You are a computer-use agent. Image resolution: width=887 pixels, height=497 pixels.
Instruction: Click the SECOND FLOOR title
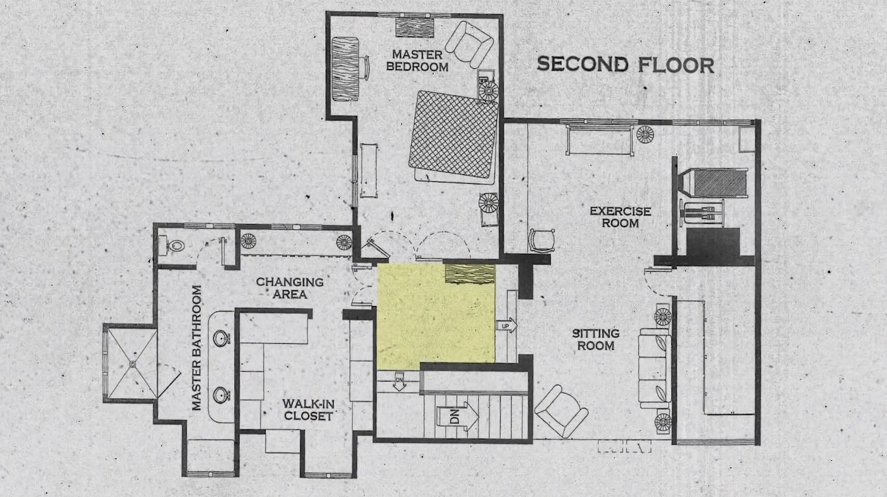coord(626,65)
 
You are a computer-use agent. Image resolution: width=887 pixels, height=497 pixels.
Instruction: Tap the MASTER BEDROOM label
coord(417,61)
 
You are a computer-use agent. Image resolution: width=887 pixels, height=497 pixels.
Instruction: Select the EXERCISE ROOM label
coord(620,217)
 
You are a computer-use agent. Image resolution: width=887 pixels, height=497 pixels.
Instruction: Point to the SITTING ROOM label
coord(595,339)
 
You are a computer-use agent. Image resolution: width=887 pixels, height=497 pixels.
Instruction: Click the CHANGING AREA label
coord(290,288)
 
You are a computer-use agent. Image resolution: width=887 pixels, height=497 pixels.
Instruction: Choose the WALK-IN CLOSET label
coord(308,410)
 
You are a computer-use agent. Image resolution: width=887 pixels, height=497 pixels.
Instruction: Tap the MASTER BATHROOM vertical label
coord(197,347)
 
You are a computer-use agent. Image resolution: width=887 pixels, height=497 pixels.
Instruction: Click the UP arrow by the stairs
coord(507,326)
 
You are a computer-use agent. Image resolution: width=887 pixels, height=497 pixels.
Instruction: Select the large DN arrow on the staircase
coord(457,416)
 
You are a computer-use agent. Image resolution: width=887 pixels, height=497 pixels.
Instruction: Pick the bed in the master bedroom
coord(454,137)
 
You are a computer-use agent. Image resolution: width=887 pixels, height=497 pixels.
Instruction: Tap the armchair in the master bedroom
coord(469,44)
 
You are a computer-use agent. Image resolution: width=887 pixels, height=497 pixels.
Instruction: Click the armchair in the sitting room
coord(561,411)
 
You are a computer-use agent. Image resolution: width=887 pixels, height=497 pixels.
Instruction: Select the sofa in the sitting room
coord(655,369)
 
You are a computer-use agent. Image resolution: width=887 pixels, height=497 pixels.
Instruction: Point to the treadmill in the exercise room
coord(713,183)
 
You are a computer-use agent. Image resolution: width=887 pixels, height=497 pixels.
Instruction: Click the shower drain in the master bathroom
coord(133,364)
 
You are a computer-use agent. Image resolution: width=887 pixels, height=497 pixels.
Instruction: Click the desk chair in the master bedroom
coord(365,68)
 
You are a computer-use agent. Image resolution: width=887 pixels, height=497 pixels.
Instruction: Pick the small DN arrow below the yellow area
coord(399,382)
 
